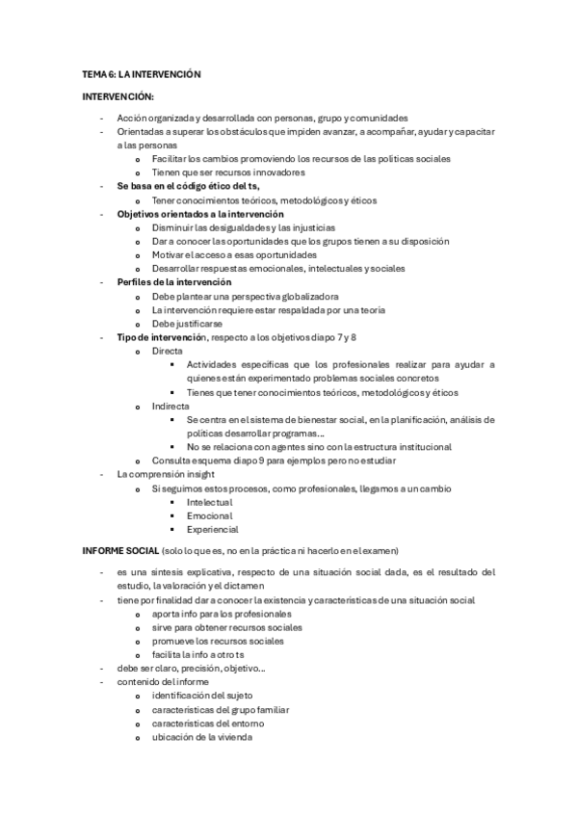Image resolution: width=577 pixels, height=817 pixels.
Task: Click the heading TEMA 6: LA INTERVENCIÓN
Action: [141, 74]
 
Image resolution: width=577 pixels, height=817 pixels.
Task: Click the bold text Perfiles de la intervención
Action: [174, 282]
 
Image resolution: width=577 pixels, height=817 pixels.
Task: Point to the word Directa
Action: [168, 352]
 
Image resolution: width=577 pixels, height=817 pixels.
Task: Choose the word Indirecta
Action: [171, 407]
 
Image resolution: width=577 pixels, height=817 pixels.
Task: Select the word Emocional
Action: [210, 515]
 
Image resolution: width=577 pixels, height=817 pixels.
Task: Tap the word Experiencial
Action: [213, 529]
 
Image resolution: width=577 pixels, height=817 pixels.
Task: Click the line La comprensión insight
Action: [165, 475]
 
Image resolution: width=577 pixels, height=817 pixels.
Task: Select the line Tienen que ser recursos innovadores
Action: [228, 172]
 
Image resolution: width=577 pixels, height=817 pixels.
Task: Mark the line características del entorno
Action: [207, 724]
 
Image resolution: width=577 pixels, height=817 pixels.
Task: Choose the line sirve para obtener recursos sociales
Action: [220, 627]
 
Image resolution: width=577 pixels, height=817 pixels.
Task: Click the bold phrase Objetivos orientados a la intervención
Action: [199, 214]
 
